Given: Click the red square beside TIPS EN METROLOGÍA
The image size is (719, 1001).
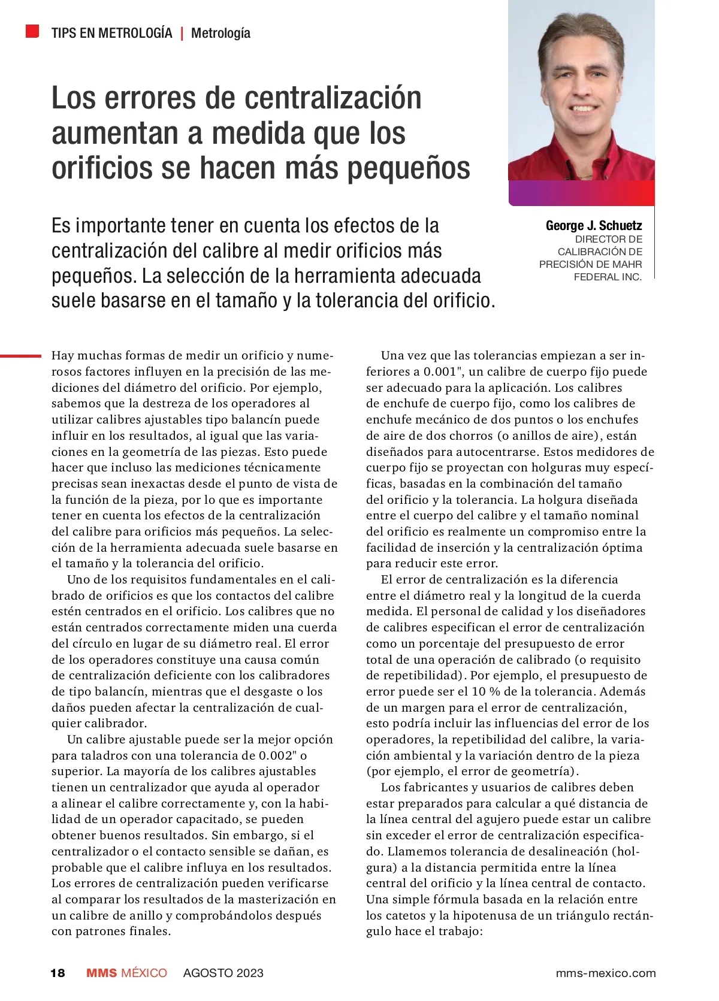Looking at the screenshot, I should pyautogui.click(x=32, y=31).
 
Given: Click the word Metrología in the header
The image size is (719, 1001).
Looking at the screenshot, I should pyautogui.click(x=220, y=33).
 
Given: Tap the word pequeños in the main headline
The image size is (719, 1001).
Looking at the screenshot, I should pyautogui.click(x=409, y=168).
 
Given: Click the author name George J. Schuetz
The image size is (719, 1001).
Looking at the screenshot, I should pyautogui.click(x=593, y=226).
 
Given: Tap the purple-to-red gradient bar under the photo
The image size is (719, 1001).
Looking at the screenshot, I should pyautogui.click(x=581, y=193).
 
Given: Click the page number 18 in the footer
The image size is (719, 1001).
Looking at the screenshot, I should pyautogui.click(x=58, y=973).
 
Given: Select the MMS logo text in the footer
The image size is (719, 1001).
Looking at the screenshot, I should pyautogui.click(x=102, y=973).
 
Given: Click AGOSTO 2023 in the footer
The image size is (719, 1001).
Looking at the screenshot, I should pyautogui.click(x=223, y=973).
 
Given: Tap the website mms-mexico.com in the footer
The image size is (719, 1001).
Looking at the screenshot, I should pyautogui.click(x=605, y=973).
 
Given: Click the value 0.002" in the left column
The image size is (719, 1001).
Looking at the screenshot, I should pyautogui.click(x=279, y=755).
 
